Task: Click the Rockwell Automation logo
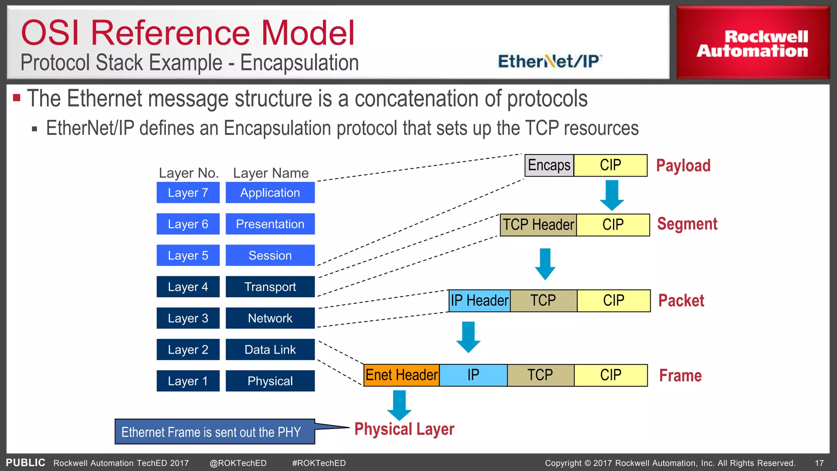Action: coord(752,43)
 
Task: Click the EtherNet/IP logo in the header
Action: coord(549,61)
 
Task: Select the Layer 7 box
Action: coord(188,193)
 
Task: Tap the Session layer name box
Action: coord(270,256)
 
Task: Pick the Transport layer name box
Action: coord(270,287)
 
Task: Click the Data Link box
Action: coord(270,350)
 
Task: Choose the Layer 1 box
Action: coord(188,381)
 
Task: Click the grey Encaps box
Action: coord(549,165)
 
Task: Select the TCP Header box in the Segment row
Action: coord(538,225)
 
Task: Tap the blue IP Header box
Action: coord(479,301)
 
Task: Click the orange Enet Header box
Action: coord(401,375)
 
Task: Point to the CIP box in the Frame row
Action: coord(611,375)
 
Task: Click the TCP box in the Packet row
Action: coord(543,301)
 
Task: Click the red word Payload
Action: coord(683,166)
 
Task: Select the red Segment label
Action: coord(687,224)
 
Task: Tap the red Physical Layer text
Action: coord(404,429)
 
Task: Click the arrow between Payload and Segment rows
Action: coord(612,195)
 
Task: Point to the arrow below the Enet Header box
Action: coord(399,405)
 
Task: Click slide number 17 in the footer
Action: coord(819,463)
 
